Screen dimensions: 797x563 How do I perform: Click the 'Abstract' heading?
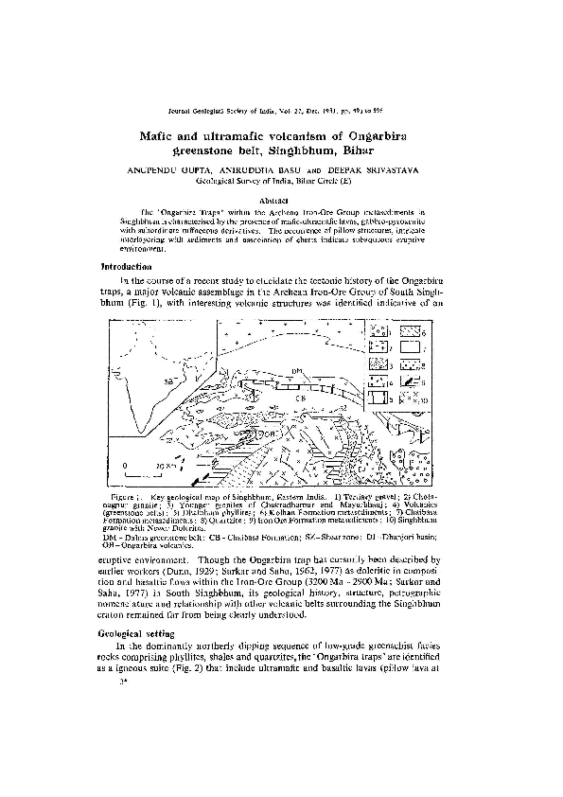[x=281, y=201]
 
